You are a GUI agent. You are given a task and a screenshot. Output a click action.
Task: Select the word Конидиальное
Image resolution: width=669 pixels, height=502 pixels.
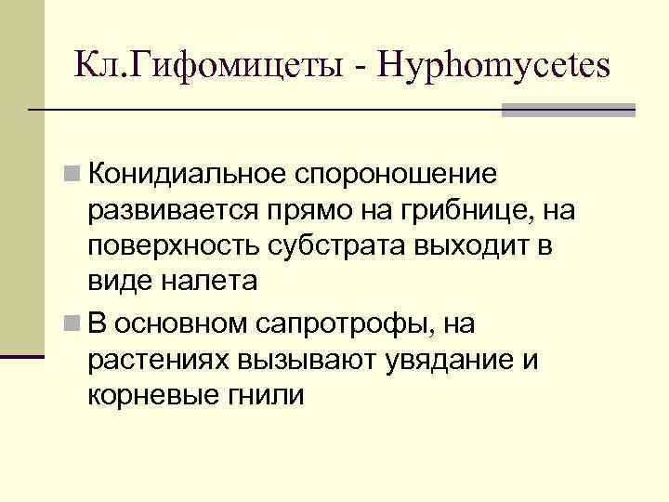coord(187,174)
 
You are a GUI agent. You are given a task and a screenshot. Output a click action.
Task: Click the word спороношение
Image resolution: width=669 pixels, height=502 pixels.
coord(395,174)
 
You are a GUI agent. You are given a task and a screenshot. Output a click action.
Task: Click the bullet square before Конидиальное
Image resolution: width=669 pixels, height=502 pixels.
coord(72,174)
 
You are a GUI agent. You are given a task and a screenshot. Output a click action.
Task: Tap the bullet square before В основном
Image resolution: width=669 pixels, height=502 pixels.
coord(72,323)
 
